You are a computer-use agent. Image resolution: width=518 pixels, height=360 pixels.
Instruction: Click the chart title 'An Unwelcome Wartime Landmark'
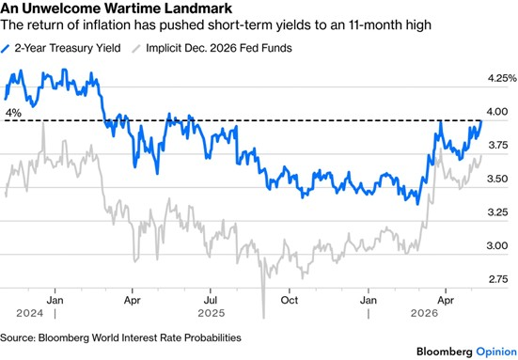click(117, 8)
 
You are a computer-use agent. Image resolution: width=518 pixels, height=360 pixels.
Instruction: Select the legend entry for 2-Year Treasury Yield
click(61, 48)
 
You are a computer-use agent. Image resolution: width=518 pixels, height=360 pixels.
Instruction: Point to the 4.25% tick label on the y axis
click(502, 78)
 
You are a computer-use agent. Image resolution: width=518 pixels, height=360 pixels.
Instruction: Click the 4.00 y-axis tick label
click(497, 112)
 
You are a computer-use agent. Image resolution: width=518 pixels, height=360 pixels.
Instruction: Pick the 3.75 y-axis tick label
click(497, 145)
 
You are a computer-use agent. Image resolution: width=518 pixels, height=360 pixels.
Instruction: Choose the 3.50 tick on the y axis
click(497, 179)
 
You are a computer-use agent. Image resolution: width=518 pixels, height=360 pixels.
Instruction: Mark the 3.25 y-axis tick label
click(497, 212)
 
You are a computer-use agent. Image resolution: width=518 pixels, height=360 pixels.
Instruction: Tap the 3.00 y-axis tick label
click(497, 245)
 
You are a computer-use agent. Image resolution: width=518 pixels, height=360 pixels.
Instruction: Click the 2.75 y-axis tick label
click(498, 279)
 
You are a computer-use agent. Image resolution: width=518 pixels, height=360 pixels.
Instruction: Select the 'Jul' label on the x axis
click(211, 300)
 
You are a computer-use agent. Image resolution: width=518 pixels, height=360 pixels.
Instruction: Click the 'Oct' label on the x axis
click(289, 300)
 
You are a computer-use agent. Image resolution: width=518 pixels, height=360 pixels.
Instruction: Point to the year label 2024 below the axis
click(30, 313)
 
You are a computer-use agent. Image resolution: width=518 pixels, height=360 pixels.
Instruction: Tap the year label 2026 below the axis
click(424, 313)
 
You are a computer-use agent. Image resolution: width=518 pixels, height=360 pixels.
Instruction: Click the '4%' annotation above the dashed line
click(13, 114)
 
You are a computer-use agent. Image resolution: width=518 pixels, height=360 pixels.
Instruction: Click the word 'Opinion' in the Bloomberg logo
click(496, 352)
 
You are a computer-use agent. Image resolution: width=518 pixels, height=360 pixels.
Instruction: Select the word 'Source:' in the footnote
click(18, 337)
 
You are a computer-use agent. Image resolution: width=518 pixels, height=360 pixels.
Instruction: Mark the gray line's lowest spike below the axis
click(263, 318)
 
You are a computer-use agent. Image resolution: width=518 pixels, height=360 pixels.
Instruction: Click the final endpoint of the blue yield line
click(481, 121)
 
